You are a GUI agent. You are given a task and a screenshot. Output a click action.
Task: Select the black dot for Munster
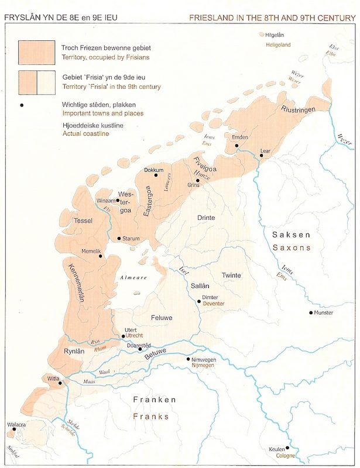(x=311, y=312)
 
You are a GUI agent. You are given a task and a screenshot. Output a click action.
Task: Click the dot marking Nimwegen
(x=188, y=359)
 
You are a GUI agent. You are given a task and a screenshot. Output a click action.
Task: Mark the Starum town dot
(x=119, y=238)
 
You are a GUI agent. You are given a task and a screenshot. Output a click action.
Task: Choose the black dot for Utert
(x=124, y=336)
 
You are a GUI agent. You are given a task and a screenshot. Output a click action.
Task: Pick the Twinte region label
(x=231, y=275)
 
